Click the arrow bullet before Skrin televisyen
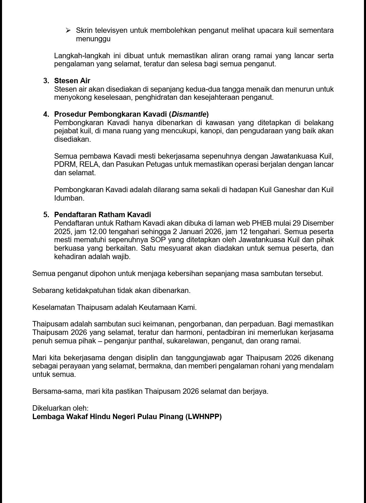click(x=68, y=30)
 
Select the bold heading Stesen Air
click(x=72, y=81)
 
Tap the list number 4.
click(x=46, y=114)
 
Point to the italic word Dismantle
click(x=189, y=114)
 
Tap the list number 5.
click(x=46, y=215)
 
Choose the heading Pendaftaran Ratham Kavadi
click(x=102, y=215)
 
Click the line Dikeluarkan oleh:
click(x=60, y=408)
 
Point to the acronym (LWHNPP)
click(x=203, y=417)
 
